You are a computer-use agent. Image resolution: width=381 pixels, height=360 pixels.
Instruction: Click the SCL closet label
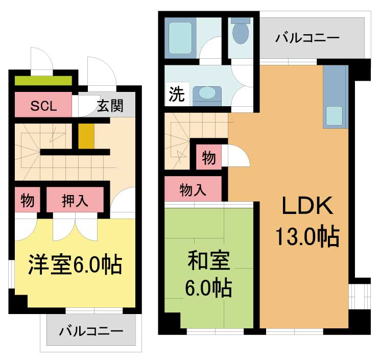[43, 106]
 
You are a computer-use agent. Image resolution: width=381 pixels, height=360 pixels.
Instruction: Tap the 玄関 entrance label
[110, 106]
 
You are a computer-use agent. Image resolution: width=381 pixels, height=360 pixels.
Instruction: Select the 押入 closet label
[75, 201]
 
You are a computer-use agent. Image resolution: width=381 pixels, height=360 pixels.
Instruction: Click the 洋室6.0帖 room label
[75, 265]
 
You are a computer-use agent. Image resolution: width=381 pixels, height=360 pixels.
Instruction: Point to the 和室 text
[209, 260]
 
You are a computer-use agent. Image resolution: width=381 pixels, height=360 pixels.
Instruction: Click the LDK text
[307, 205]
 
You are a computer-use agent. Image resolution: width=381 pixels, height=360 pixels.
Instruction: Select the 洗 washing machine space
[177, 94]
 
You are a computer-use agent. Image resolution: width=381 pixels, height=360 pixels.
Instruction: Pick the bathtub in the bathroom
[180, 38]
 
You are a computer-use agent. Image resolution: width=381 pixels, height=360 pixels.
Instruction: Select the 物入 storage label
[193, 190]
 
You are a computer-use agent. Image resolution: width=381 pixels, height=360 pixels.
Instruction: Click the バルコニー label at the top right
[307, 38]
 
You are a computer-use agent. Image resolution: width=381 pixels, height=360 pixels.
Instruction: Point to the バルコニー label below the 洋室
[91, 331]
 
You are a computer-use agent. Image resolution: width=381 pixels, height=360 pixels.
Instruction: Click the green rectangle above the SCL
[43, 81]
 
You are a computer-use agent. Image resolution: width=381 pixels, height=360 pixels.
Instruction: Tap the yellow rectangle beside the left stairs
[86, 136]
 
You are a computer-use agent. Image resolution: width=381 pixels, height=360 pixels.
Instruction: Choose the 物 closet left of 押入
[27, 201]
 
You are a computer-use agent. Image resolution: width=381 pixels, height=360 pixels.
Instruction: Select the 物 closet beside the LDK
[209, 157]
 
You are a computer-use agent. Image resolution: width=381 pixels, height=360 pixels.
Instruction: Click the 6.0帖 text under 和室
[209, 288]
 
